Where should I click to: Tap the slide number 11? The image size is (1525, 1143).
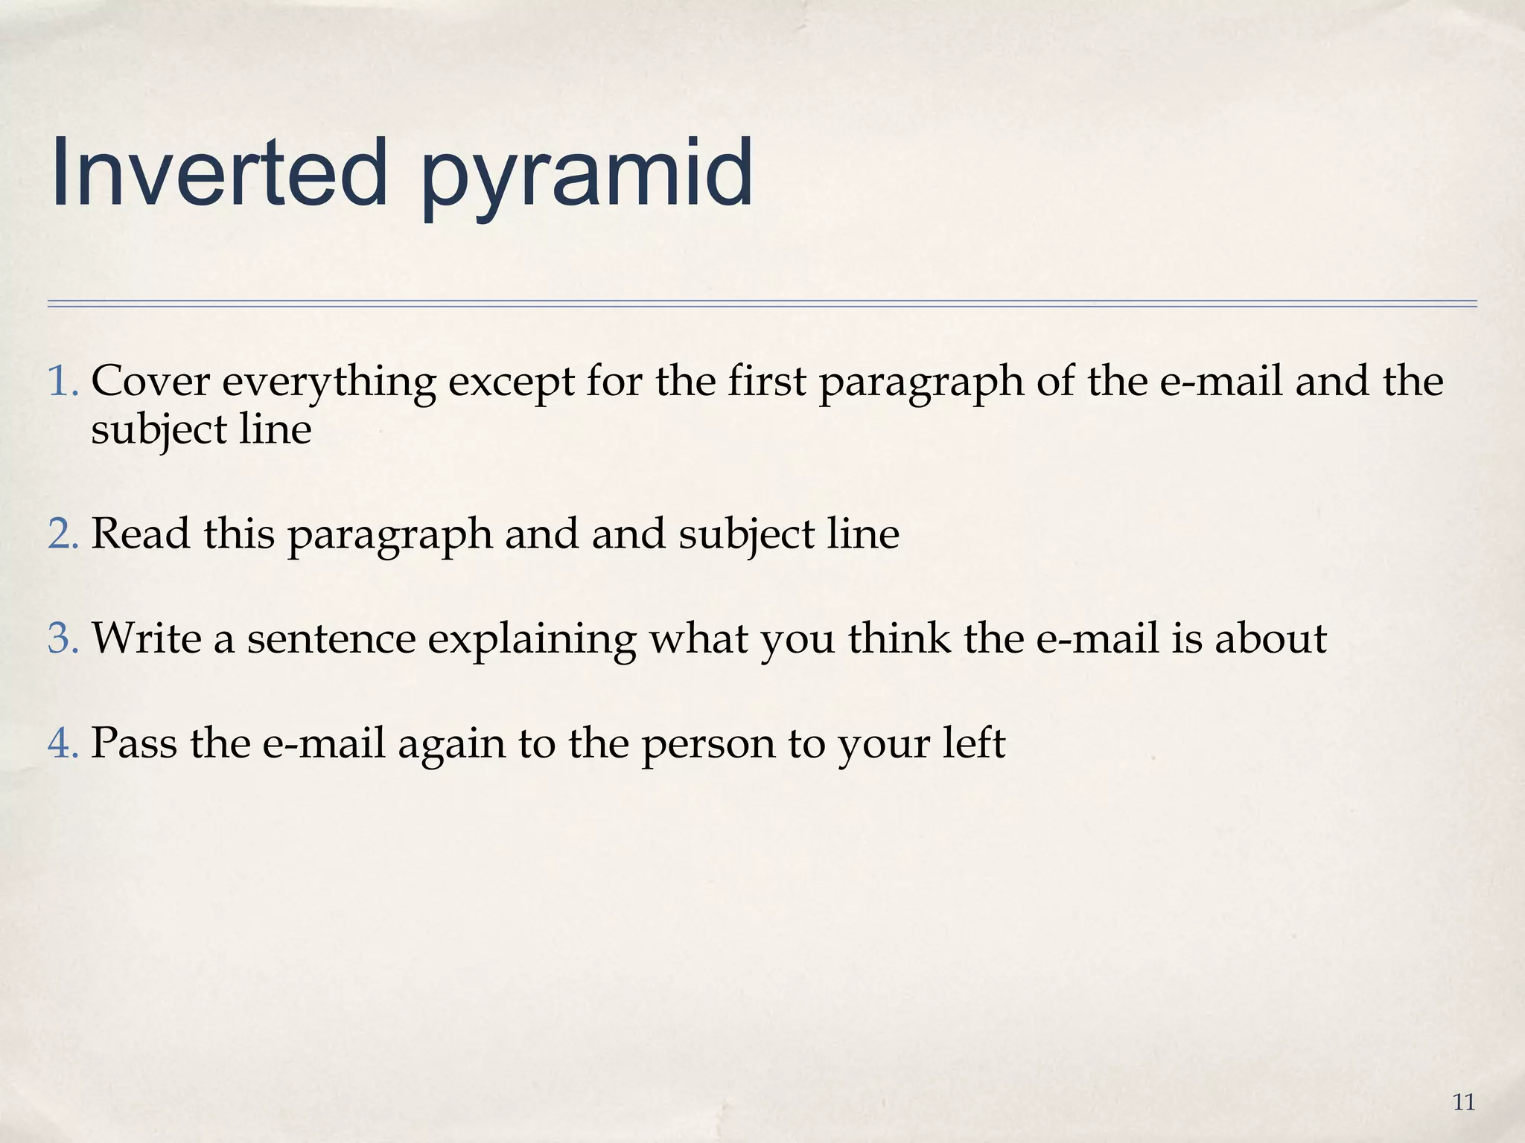click(1464, 1102)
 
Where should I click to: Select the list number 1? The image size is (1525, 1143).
click(63, 381)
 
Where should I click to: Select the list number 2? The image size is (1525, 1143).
click(63, 534)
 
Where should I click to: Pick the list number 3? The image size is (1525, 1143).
click(63, 638)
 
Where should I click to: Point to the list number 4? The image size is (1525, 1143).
click(63, 743)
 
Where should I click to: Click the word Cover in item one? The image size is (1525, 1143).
click(150, 381)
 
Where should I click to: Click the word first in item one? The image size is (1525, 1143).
click(767, 381)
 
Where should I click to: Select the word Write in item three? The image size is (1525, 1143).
click(147, 638)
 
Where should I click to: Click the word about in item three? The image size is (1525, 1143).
click(1270, 638)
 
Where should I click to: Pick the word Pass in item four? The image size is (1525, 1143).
click(134, 743)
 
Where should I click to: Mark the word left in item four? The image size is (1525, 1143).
click(974, 743)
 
